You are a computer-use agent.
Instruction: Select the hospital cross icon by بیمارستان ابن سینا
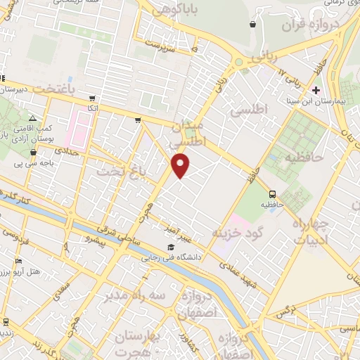tap(316, 90)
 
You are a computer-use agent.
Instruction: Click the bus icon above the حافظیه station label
tap(272, 194)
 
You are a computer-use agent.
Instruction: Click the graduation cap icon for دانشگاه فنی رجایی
tap(171, 247)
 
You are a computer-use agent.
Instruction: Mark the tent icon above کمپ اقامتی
tap(32, 118)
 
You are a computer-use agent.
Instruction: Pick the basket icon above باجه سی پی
tap(32, 152)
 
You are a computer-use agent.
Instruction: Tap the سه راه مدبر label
tap(135, 296)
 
